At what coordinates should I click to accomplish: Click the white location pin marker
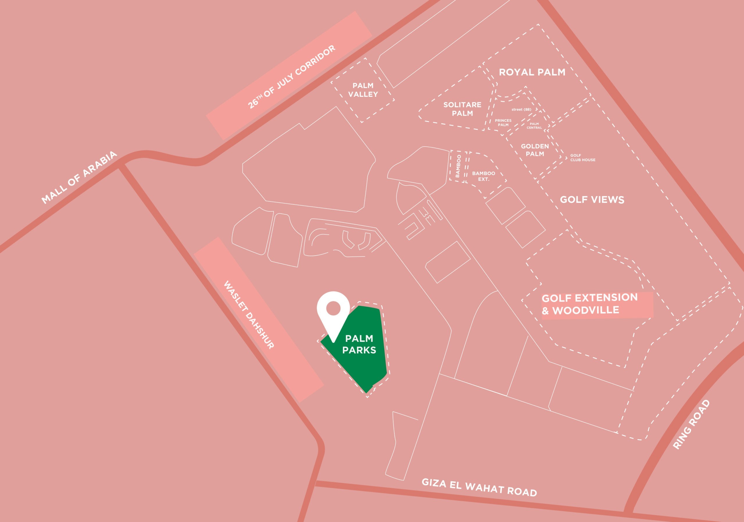333,313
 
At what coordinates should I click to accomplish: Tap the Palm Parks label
359,344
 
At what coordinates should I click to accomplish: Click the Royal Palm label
532,72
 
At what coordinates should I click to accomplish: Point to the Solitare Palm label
462,109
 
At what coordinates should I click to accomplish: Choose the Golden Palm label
535,150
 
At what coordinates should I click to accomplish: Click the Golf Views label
592,199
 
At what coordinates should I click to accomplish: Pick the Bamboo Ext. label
484,176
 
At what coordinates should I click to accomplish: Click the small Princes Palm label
503,122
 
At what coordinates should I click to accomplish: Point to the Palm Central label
534,125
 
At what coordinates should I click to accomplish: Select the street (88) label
521,109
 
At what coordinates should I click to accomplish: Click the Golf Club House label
583,158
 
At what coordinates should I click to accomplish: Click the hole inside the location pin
333,308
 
